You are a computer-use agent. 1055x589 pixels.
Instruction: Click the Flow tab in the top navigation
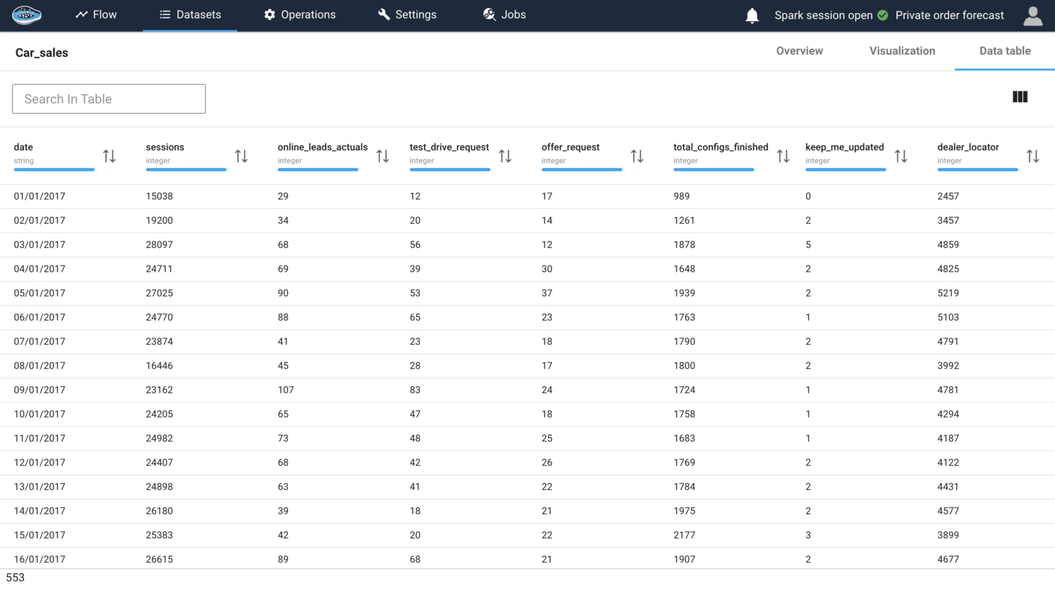click(x=96, y=15)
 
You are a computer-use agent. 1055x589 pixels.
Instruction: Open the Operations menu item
click(x=299, y=15)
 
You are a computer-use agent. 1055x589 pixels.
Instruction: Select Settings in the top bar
click(x=407, y=15)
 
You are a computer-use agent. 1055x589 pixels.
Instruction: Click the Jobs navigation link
click(x=504, y=15)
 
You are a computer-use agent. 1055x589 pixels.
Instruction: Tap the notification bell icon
click(x=752, y=16)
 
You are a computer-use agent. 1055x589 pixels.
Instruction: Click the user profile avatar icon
click(x=1032, y=16)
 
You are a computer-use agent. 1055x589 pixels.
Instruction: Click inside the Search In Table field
click(x=109, y=99)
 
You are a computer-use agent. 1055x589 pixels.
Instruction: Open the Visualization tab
click(x=902, y=51)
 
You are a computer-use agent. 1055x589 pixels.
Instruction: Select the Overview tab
click(x=799, y=51)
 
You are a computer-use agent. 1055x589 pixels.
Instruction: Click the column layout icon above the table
click(x=1020, y=97)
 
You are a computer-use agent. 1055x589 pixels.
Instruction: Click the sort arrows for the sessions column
click(x=241, y=157)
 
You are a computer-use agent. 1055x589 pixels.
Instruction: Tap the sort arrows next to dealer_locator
click(x=1032, y=157)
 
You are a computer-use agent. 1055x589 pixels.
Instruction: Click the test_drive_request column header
click(x=449, y=148)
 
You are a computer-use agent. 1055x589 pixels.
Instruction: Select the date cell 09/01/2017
click(x=40, y=390)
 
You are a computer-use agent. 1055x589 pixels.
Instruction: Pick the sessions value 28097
click(x=159, y=245)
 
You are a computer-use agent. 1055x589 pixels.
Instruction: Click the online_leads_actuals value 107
click(x=286, y=390)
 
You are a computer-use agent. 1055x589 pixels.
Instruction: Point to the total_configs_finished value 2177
click(x=684, y=535)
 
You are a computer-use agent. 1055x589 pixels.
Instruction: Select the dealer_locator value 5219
click(x=948, y=293)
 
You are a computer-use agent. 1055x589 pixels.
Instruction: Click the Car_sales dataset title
click(x=42, y=53)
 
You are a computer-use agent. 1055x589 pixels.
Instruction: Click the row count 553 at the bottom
click(x=15, y=578)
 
